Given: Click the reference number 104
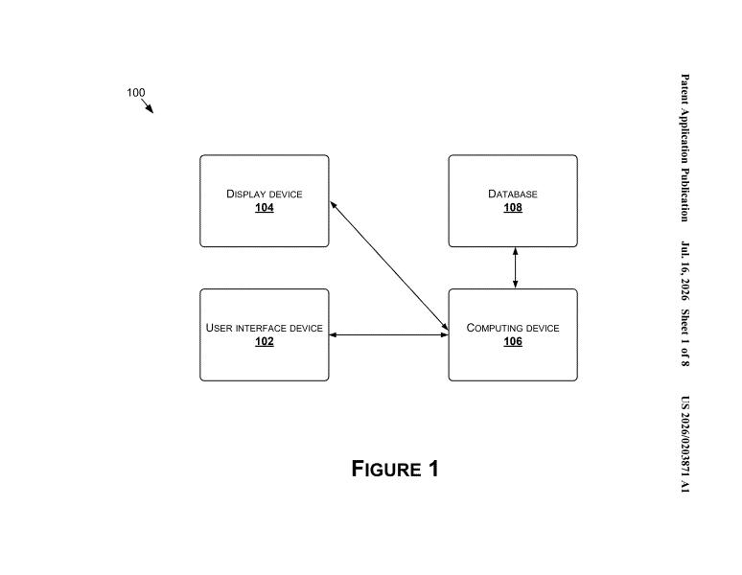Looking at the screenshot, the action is click(264, 208).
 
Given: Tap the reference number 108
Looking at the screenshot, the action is click(513, 208).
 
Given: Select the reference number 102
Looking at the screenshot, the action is click(264, 341).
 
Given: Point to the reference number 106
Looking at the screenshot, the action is click(513, 341).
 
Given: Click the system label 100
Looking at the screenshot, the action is click(136, 93).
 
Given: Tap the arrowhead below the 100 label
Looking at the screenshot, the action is click(150, 109).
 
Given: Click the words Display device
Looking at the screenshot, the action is click(264, 194).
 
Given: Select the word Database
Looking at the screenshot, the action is click(513, 194).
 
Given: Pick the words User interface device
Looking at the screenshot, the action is click(264, 328).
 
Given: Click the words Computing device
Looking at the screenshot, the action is click(513, 328).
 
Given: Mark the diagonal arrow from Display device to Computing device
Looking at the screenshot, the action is click(389, 265).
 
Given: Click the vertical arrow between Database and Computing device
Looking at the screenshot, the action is click(516, 267).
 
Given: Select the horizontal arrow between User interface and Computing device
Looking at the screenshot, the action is click(388, 334).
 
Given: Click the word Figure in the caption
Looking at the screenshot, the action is click(386, 469).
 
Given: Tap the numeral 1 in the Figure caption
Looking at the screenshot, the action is click(433, 469).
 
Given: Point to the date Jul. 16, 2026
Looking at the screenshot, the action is click(684, 271).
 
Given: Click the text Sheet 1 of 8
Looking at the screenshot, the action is click(684, 337).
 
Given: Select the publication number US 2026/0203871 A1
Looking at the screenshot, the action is click(684, 445).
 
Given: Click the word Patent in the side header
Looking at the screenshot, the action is click(684, 89).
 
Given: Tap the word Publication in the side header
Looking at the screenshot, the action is click(684, 195).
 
